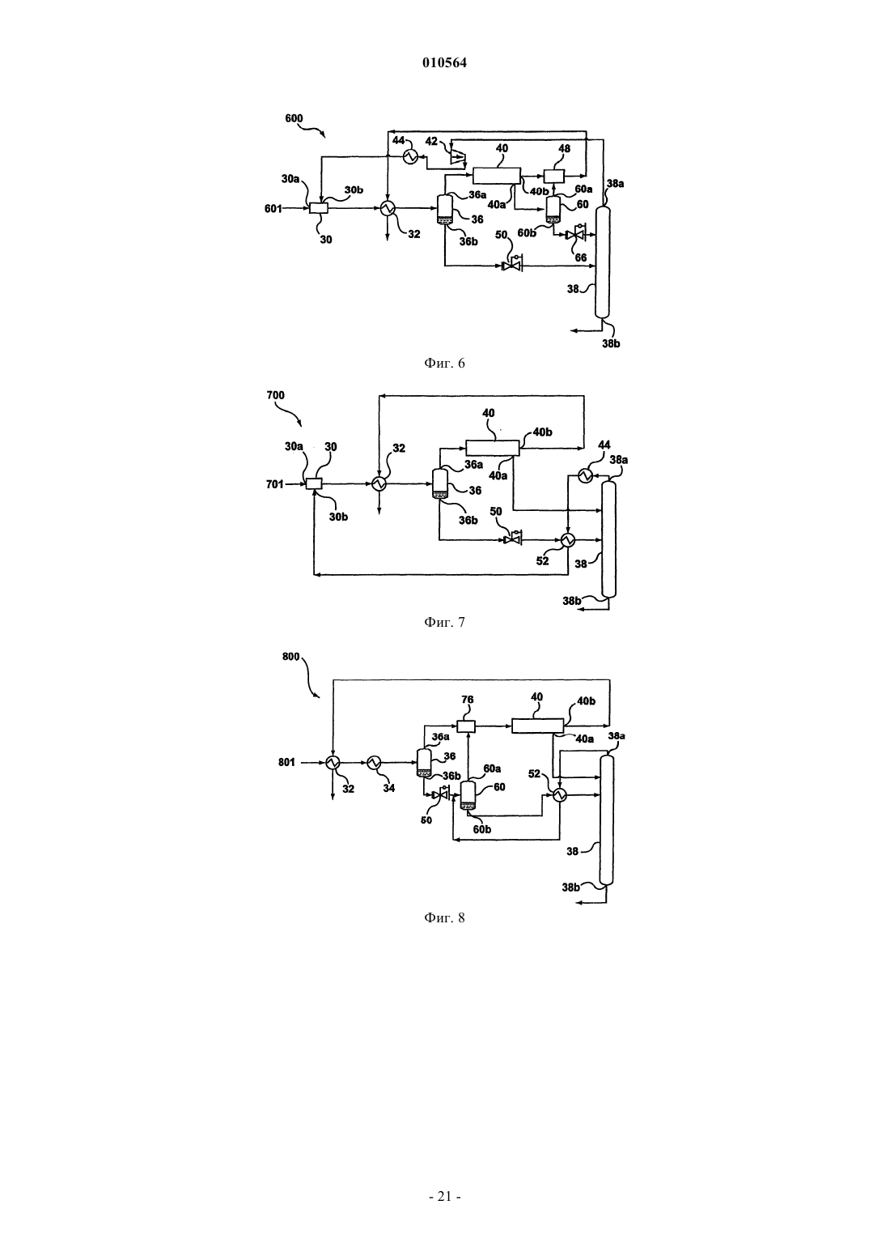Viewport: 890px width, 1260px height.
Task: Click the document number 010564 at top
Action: [x=444, y=63]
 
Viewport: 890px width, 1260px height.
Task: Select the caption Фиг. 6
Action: [x=444, y=364]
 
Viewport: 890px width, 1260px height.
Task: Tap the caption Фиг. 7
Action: [x=444, y=622]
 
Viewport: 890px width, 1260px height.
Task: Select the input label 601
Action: [x=273, y=209]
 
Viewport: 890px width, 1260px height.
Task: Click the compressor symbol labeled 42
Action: [x=459, y=157]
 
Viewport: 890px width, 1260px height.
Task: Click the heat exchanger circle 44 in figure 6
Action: [x=411, y=157]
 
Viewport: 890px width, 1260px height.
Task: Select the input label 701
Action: [x=275, y=483]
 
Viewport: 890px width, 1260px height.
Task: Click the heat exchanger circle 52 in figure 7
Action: [x=568, y=540]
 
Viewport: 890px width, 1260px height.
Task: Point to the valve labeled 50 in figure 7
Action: [x=512, y=539]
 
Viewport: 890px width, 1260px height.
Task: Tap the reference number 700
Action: [x=275, y=395]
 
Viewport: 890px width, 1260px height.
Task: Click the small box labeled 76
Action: [x=466, y=726]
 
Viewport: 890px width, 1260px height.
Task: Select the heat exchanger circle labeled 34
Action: [x=374, y=763]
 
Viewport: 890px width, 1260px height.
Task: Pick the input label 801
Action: [x=286, y=763]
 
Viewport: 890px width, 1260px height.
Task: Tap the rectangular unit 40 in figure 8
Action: [x=537, y=726]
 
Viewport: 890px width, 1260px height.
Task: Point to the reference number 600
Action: [x=294, y=119]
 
